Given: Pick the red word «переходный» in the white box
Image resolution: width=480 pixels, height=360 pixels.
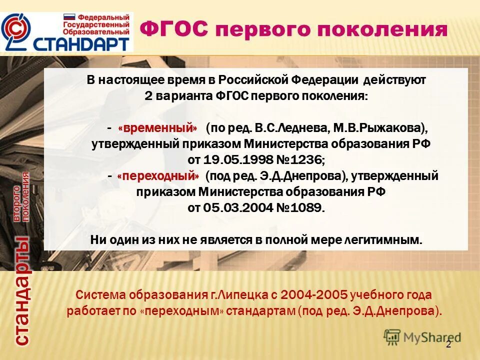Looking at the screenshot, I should coord(158,176).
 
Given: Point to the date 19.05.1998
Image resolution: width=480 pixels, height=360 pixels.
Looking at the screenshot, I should coord(232,160).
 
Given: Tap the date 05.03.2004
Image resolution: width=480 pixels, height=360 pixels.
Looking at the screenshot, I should coord(232,208).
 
